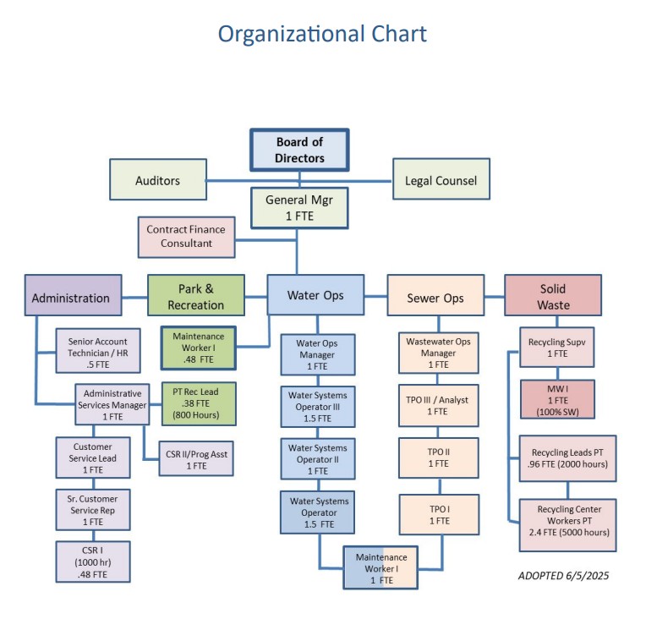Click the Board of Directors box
click(x=299, y=150)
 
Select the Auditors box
click(x=158, y=180)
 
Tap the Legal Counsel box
click(x=441, y=179)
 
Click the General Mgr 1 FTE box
click(x=299, y=208)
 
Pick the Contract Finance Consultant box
click(x=186, y=236)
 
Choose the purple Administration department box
click(x=70, y=298)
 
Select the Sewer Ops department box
click(x=436, y=298)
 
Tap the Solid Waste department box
click(x=553, y=295)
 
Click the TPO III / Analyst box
click(x=438, y=405)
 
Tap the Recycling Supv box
click(x=556, y=348)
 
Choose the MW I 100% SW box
click(x=556, y=399)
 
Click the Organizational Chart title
click(x=322, y=34)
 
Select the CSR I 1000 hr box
click(x=93, y=561)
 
